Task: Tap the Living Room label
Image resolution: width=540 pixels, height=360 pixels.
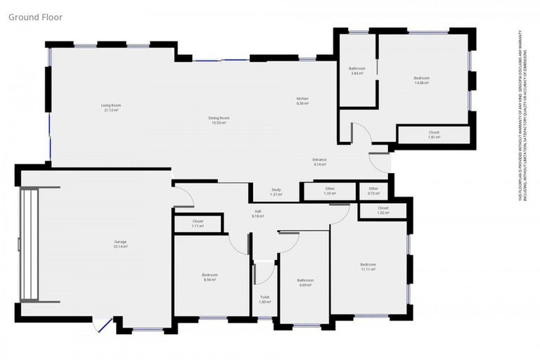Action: pyautogui.click(x=111, y=108)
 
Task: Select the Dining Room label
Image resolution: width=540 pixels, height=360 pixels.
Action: pyautogui.click(x=219, y=120)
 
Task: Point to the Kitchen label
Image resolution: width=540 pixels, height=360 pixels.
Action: pyautogui.click(x=302, y=101)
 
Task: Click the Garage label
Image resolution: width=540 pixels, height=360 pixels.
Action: pyautogui.click(x=121, y=245)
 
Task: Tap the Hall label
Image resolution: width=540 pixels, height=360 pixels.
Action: pyautogui.click(x=257, y=214)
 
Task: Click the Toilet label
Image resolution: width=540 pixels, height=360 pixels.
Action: pyautogui.click(x=264, y=300)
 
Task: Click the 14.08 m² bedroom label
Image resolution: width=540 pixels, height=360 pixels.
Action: pyautogui.click(x=421, y=80)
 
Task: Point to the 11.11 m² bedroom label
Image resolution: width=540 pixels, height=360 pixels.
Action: pyautogui.click(x=368, y=266)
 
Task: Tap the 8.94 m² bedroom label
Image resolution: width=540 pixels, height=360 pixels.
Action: pyautogui.click(x=210, y=277)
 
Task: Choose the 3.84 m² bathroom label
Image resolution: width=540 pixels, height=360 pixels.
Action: pyautogui.click(x=356, y=71)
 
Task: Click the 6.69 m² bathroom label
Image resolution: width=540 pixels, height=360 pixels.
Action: pyautogui.click(x=304, y=283)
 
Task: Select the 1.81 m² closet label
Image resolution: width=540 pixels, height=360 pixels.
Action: pyautogui.click(x=434, y=134)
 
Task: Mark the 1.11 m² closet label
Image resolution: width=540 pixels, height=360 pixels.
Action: pyautogui.click(x=198, y=224)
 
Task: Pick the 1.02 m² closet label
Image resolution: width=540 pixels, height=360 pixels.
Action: pyautogui.click(x=382, y=210)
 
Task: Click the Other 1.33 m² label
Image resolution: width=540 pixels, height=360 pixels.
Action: pyautogui.click(x=330, y=191)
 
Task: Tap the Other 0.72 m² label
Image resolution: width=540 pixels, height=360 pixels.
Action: pyautogui.click(x=373, y=191)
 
